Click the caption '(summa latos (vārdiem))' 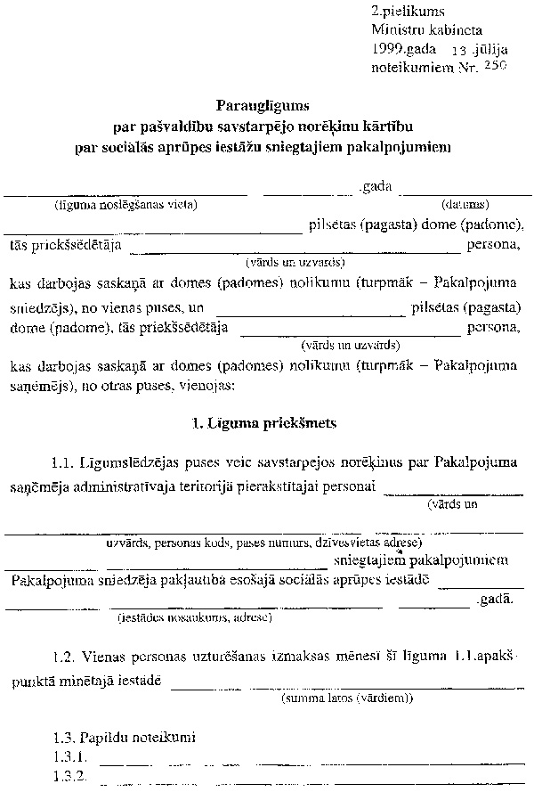[346, 698]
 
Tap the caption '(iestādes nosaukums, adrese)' [195, 616]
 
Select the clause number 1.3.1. [69, 757]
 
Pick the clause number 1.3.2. [69, 776]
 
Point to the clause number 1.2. [65, 657]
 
